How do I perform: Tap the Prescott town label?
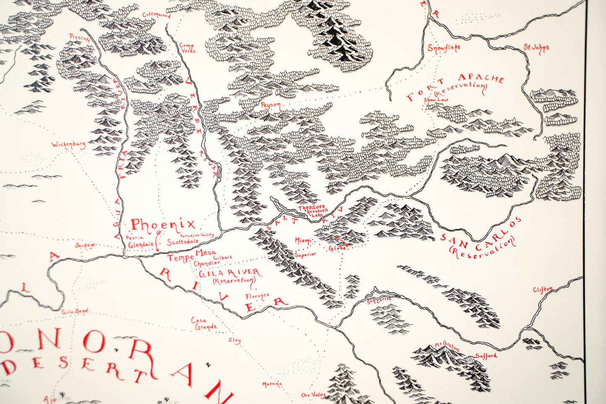tap(80, 38)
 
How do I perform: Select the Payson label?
tap(270, 106)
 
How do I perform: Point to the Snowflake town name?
tap(444, 48)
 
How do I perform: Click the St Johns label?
tap(536, 48)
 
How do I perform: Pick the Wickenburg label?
tap(68, 145)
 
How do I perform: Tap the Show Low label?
tap(435, 100)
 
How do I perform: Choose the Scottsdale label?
tap(183, 242)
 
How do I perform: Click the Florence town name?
tap(257, 297)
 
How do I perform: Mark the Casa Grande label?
tap(205, 323)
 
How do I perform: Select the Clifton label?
tap(543, 290)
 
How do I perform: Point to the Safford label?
tap(486, 356)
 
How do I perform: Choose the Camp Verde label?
tap(187, 48)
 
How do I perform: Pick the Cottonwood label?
tap(156, 15)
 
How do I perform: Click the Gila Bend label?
tap(75, 311)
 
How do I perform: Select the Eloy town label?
tap(234, 341)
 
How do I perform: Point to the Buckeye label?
tap(85, 245)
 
